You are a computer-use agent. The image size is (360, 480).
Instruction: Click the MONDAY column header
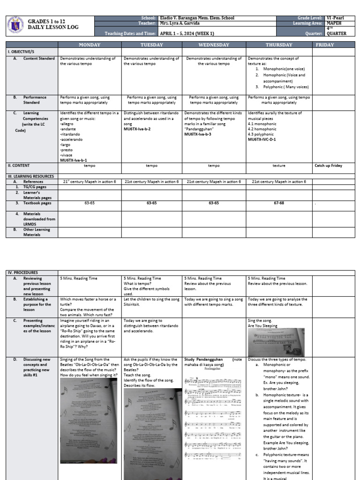click(89, 45)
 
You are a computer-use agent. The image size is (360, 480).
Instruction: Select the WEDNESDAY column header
click(214, 45)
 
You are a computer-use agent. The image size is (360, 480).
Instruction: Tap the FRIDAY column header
click(325, 45)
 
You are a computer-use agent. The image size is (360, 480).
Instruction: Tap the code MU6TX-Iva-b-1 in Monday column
click(74, 160)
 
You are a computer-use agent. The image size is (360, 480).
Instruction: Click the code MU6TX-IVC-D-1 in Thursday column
click(262, 139)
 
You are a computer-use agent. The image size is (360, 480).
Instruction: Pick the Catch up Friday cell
click(329, 165)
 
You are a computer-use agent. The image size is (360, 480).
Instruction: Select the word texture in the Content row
click(278, 165)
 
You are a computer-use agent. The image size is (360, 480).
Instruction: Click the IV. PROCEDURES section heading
click(22, 272)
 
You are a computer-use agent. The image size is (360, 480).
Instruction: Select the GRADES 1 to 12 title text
click(47, 22)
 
